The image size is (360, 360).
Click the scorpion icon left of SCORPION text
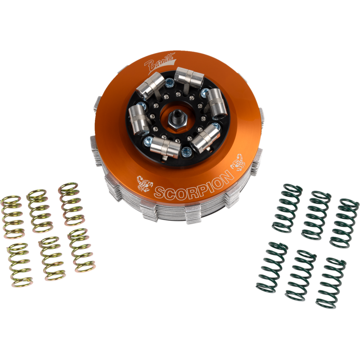(x=145, y=183)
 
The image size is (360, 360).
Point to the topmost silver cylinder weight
(x=189, y=77)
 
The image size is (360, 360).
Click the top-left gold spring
(x=13, y=217)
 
